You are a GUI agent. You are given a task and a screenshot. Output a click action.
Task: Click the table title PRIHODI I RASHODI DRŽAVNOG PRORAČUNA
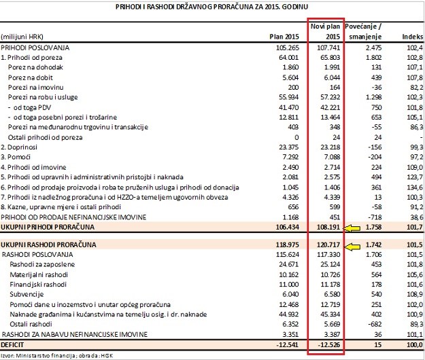coord(213,6)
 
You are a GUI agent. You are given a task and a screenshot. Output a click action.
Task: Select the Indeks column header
coord(410,35)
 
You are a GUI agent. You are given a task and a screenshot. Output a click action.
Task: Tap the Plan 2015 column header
coord(285,35)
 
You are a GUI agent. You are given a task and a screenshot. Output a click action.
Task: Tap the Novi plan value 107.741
coord(326,48)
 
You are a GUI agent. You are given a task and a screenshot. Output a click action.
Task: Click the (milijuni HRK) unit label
coord(24,35)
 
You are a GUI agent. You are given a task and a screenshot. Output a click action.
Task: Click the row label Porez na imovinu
coord(33,88)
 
